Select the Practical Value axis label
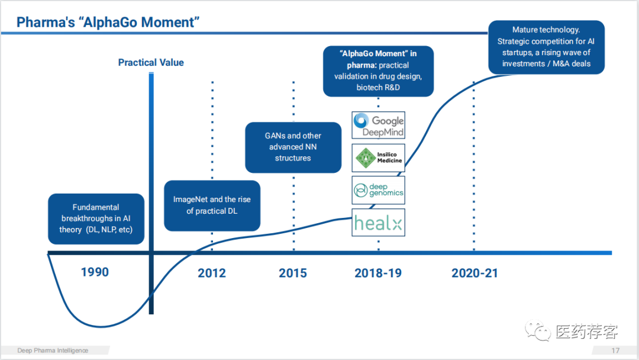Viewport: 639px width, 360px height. pyautogui.click(x=151, y=62)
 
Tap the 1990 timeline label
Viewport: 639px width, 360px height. pyautogui.click(x=95, y=272)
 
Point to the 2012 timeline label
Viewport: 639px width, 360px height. pyautogui.click(x=212, y=273)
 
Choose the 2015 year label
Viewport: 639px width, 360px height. pyautogui.click(x=293, y=273)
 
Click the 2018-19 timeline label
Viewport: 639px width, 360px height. pyautogui.click(x=378, y=273)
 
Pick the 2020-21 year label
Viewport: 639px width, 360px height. pyautogui.click(x=475, y=273)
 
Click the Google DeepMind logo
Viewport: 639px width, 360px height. pyautogui.click(x=379, y=125)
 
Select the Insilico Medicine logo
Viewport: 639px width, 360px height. pyautogui.click(x=379, y=157)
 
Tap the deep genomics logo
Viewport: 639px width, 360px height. pyautogui.click(x=379, y=190)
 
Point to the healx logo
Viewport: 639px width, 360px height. pyautogui.click(x=379, y=223)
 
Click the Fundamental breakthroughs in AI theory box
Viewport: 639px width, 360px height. pyautogui.click(x=96, y=218)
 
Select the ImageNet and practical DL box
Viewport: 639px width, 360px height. pyautogui.click(x=212, y=205)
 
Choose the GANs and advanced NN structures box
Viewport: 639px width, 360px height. pyautogui.click(x=293, y=147)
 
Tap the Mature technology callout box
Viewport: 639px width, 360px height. pyautogui.click(x=546, y=47)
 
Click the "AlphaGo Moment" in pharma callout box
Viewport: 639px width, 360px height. pyautogui.click(x=378, y=70)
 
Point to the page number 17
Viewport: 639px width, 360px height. pyautogui.click(x=615, y=350)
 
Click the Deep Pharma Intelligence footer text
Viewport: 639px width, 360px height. pyautogui.click(x=53, y=350)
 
